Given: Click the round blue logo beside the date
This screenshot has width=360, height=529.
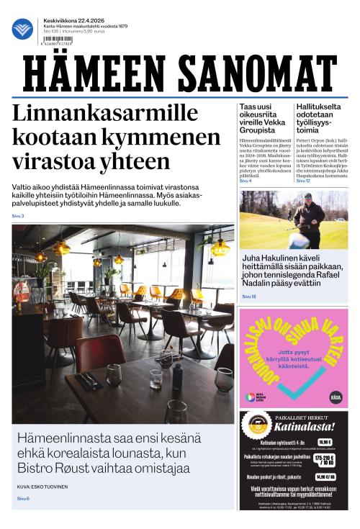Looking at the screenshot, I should (22, 30).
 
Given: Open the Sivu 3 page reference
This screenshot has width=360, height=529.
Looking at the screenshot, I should (18, 216).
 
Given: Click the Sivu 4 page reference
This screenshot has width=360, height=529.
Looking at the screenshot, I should (246, 181).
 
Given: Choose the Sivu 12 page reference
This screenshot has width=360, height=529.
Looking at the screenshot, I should (303, 181).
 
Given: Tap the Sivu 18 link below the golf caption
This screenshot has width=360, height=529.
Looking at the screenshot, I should (248, 296).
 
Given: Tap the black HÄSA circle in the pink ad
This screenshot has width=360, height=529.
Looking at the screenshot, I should (334, 397).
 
